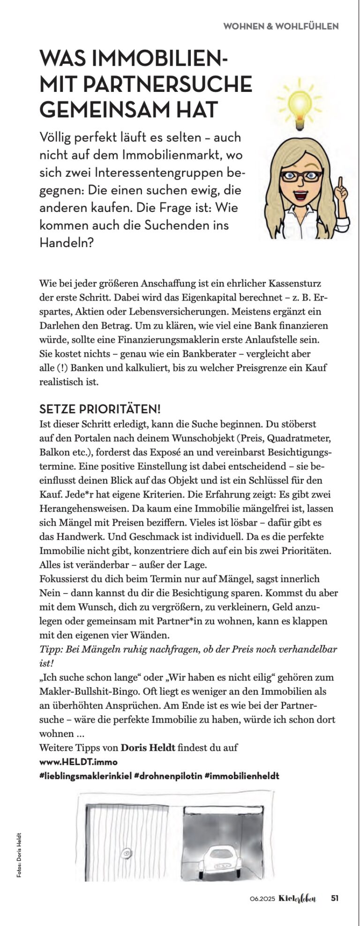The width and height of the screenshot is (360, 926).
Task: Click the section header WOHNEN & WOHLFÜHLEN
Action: point(281,26)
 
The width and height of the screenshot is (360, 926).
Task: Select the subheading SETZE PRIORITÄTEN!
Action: point(100,409)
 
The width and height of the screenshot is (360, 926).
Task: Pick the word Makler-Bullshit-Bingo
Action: point(84,691)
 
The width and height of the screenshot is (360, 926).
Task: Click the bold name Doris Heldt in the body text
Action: point(148,747)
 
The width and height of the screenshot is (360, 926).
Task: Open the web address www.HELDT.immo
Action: point(78,761)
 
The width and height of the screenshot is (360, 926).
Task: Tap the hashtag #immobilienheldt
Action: point(242,776)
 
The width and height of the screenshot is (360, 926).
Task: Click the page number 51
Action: point(335,898)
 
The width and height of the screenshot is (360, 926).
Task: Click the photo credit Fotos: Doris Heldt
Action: point(19,855)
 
